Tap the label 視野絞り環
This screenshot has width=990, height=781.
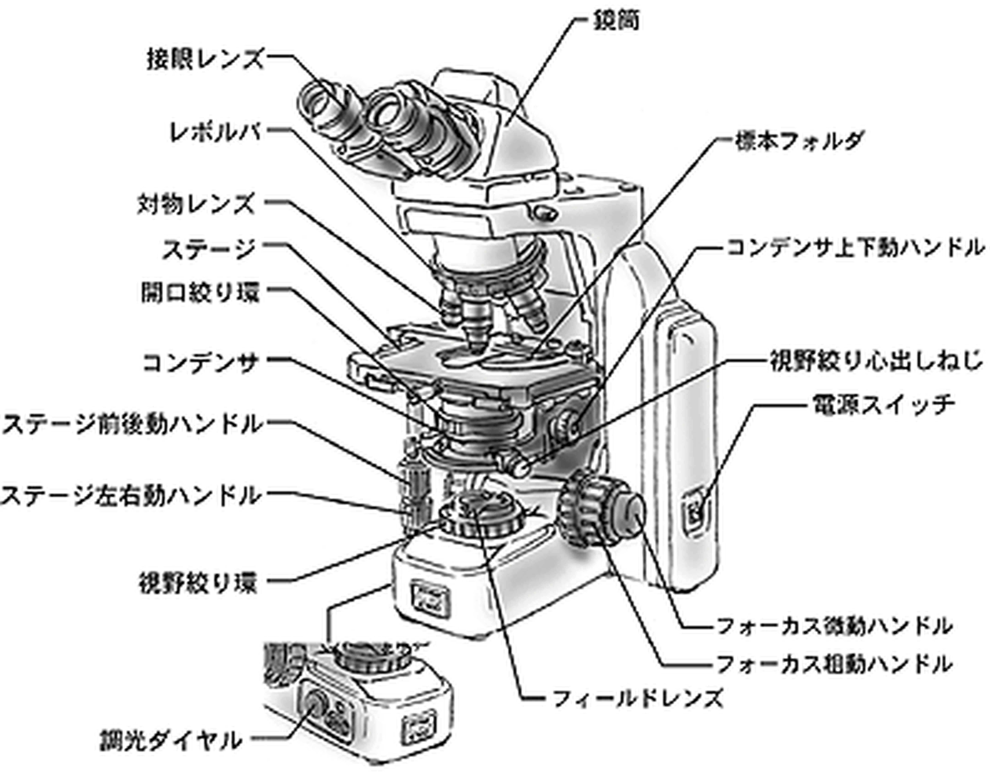point(198,583)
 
